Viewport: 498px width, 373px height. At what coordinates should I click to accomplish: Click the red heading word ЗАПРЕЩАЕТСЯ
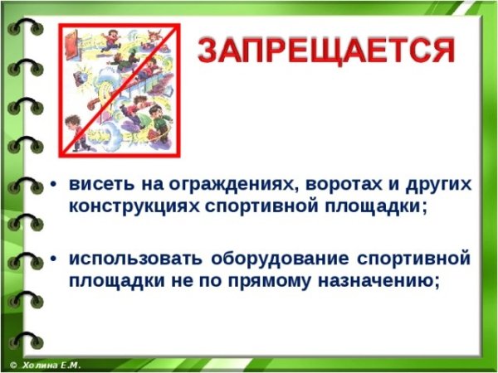(326, 51)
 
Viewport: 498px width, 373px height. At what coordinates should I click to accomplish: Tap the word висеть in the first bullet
(95, 184)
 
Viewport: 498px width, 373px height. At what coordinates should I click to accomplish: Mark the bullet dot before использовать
(54, 258)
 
